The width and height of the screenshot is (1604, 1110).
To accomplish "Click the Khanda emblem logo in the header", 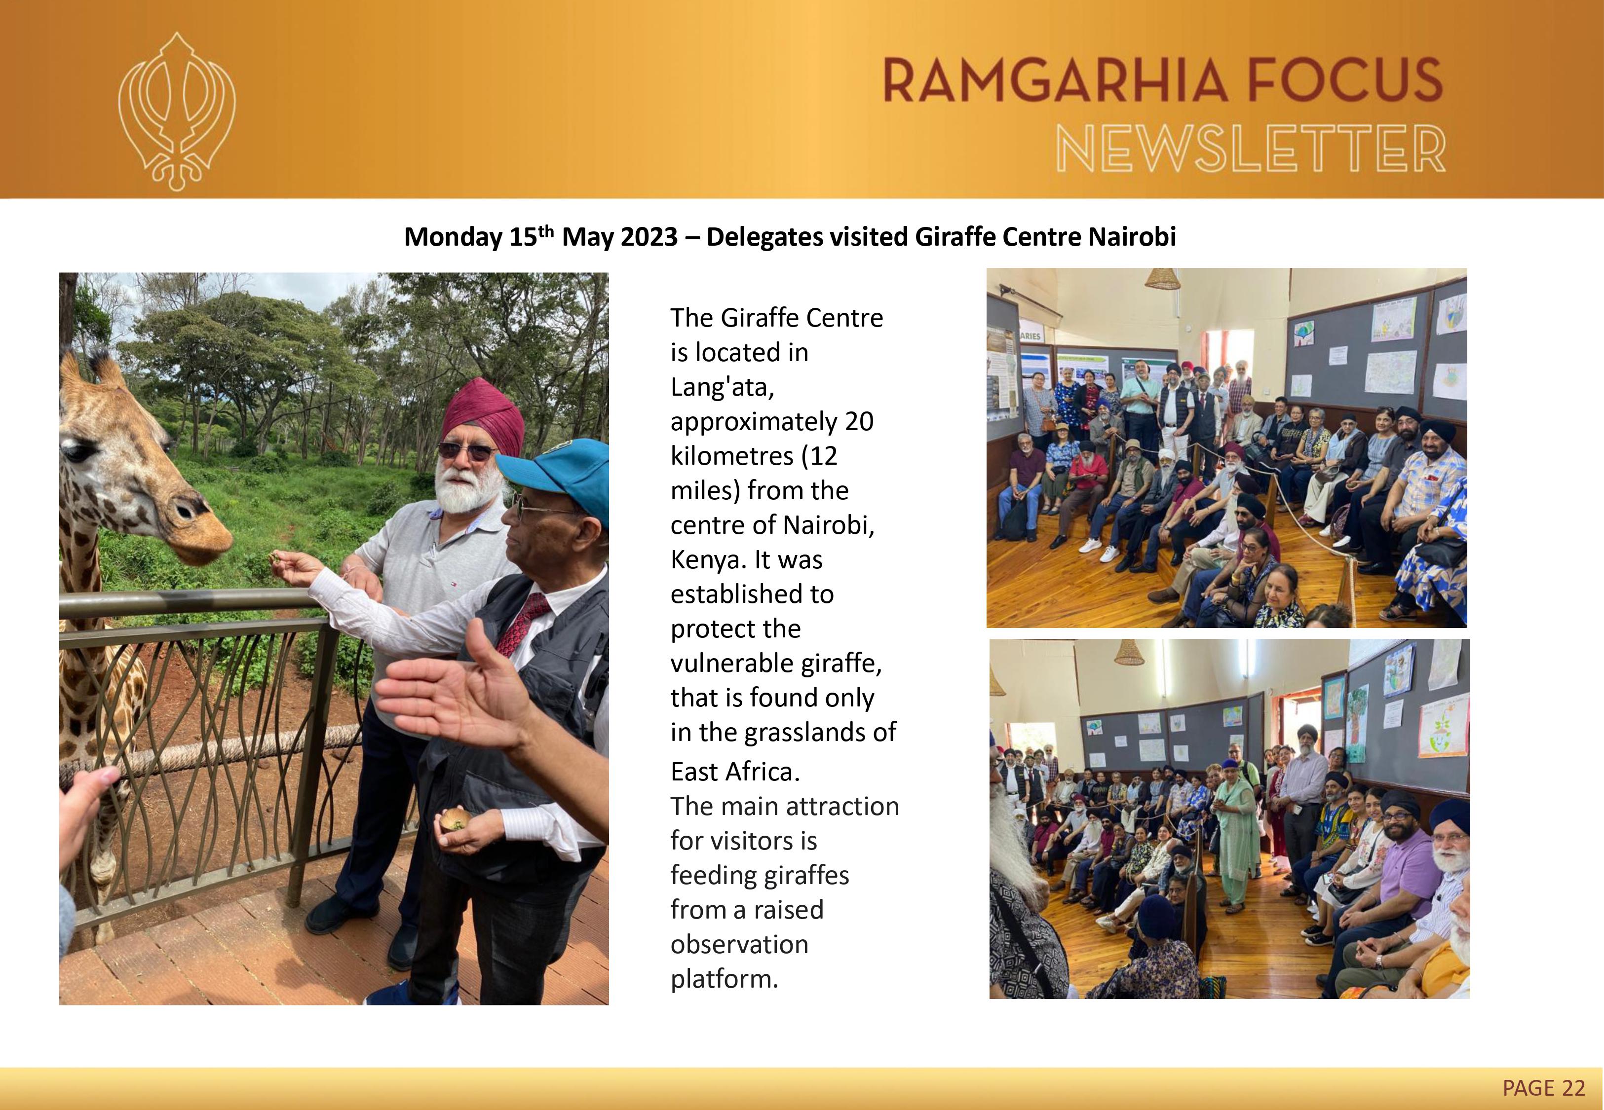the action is tap(177, 111).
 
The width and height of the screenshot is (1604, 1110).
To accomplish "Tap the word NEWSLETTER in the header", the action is tap(1251, 149).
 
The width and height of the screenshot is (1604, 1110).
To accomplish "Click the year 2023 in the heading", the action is tap(649, 237).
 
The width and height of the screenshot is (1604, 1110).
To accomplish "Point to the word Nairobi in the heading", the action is tap(1132, 237).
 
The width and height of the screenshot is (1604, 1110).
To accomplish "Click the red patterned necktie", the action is tap(522, 623).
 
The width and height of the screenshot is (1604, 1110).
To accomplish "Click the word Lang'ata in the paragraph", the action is tap(722, 387).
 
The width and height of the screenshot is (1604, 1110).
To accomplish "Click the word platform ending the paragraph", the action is tap(724, 979).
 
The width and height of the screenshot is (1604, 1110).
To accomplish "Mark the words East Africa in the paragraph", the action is tap(735, 771).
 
